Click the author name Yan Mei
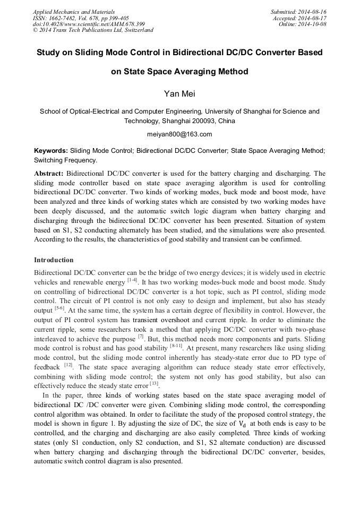tap(179, 94)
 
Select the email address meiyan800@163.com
tap(179, 134)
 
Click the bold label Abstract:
tap(49, 174)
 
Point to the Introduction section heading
tap(54, 260)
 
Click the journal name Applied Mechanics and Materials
tap(73, 12)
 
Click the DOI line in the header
tap(89, 24)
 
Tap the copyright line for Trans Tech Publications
tap(93, 30)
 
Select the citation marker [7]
tap(141, 337)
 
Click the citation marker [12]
tap(68, 365)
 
